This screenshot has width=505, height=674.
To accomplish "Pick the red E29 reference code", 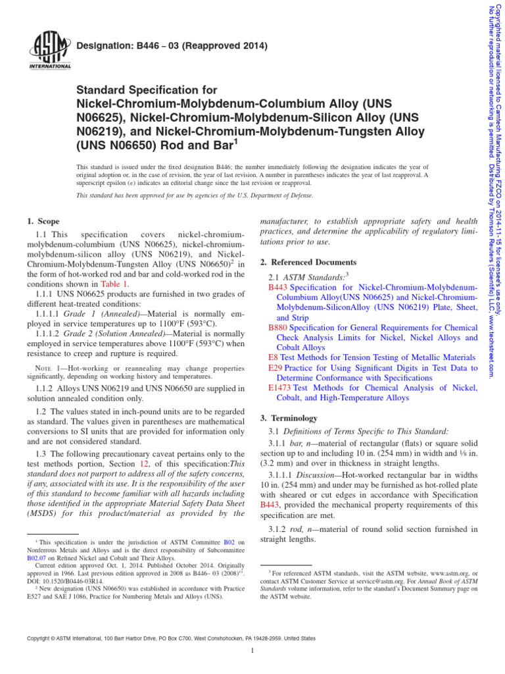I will coord(275,367).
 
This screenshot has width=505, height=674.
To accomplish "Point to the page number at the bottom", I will coord(252,651).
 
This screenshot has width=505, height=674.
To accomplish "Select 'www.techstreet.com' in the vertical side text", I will coord(491,342).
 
